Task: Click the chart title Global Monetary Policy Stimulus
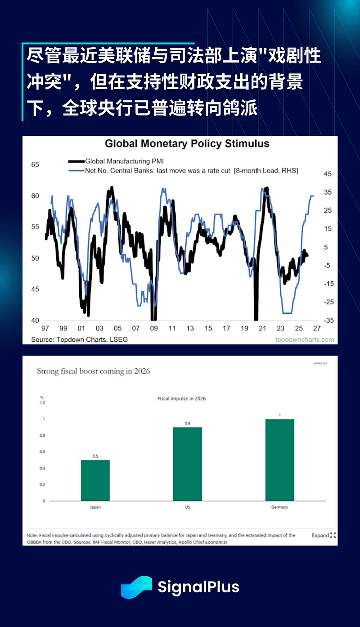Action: tap(187, 144)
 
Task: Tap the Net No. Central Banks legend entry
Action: tap(191, 171)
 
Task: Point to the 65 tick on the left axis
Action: tap(35, 165)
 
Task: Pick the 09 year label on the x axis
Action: tap(154, 329)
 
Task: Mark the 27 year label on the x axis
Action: tap(317, 329)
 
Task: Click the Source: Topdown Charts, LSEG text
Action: tap(79, 339)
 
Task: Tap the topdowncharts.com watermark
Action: tap(305, 339)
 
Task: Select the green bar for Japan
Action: tap(95, 480)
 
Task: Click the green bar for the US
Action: tap(187, 464)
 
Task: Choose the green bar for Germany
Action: tap(279, 460)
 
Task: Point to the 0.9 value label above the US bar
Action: tap(187, 424)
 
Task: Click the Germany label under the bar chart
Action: tap(279, 507)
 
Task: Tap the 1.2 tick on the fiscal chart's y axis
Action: tap(42, 403)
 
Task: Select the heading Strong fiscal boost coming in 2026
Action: tap(93, 371)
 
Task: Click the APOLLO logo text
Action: tap(320, 363)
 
